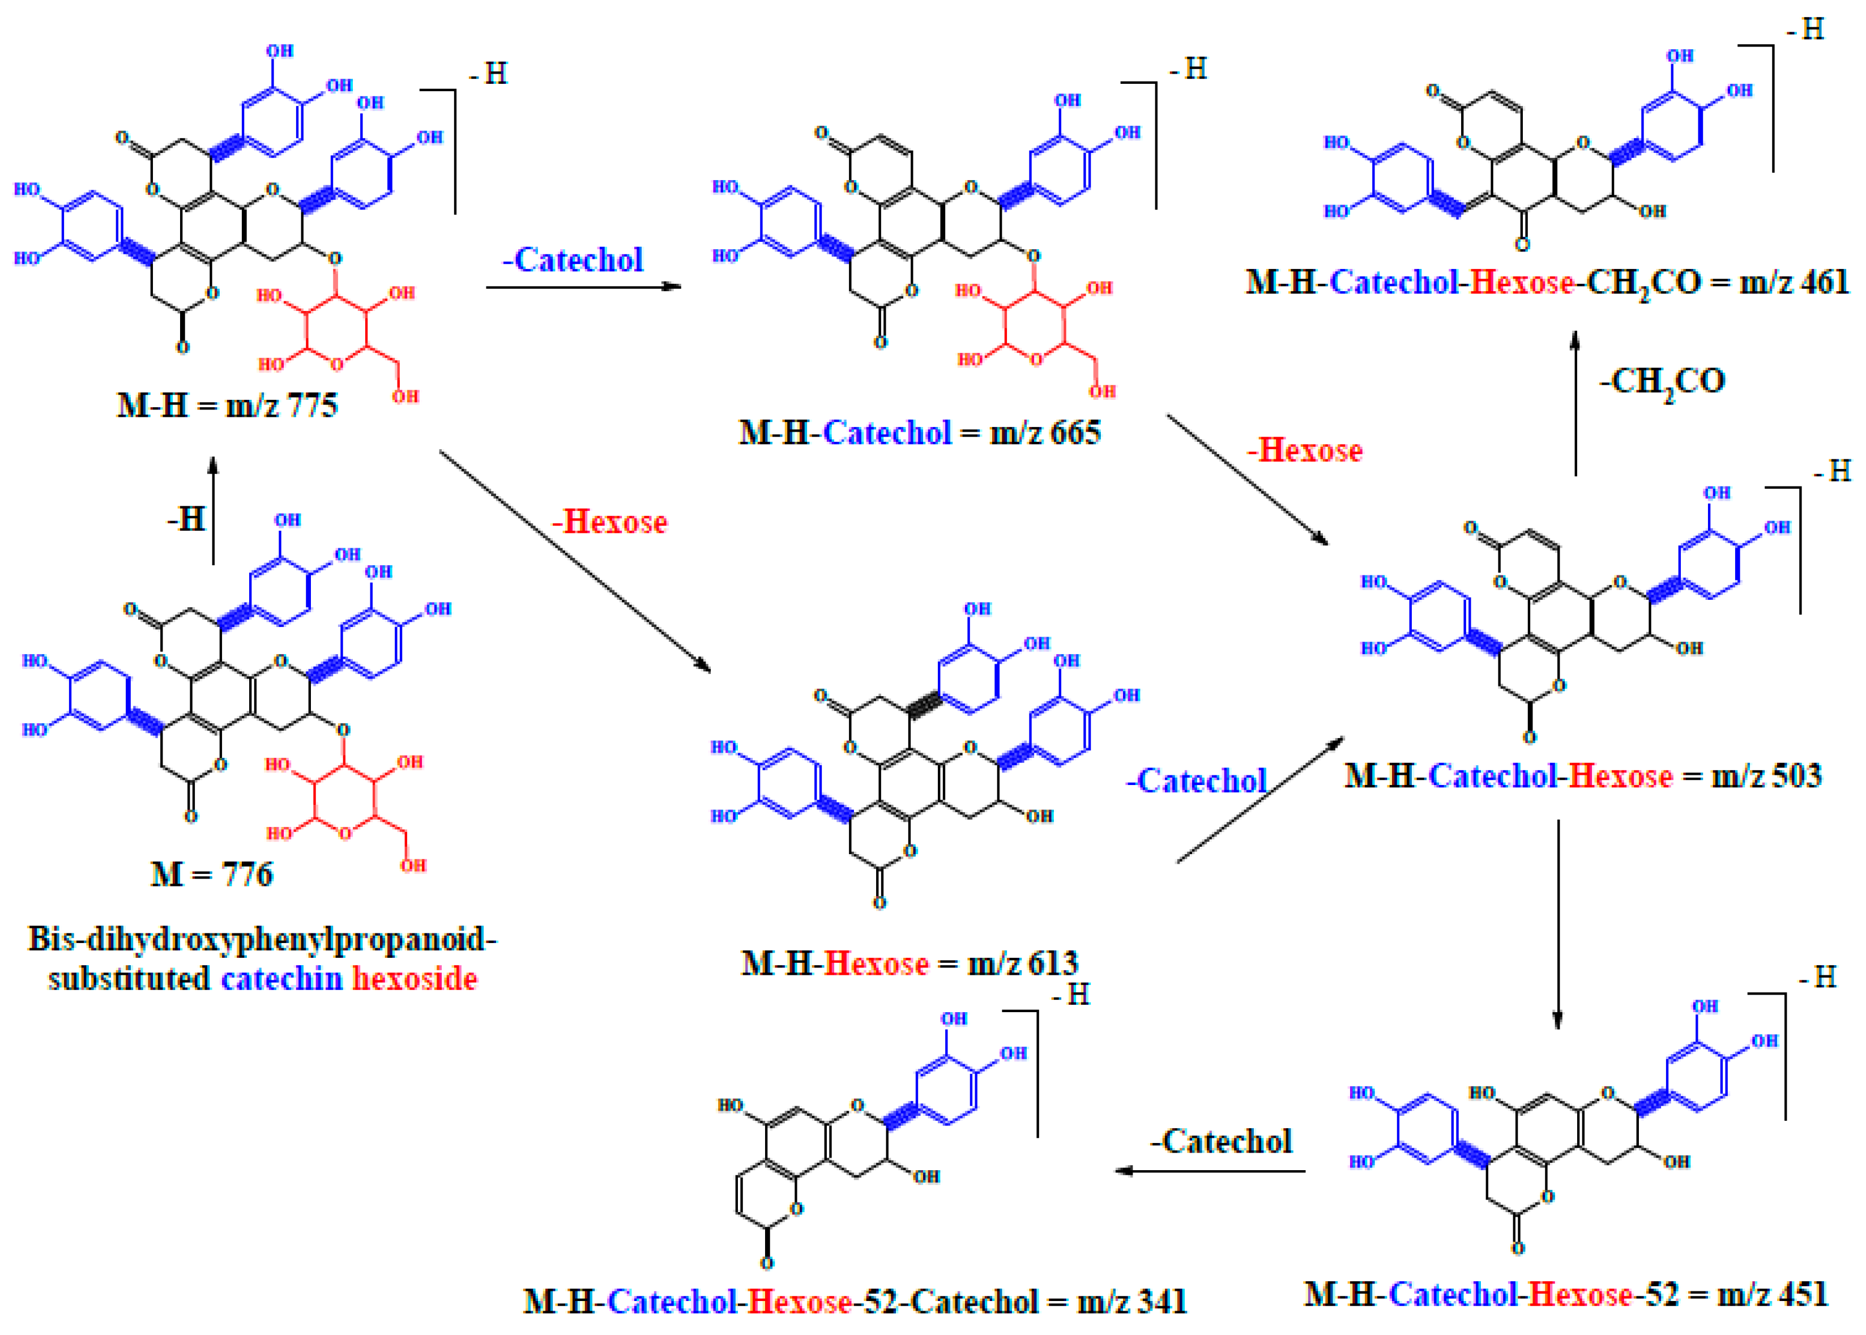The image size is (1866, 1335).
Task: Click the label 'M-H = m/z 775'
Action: (227, 406)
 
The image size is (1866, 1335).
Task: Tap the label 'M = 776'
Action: (211, 874)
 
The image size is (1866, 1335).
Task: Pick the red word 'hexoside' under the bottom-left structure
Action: (415, 979)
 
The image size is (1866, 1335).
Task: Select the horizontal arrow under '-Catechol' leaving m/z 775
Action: (584, 287)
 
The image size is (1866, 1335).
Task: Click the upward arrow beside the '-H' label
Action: (213, 510)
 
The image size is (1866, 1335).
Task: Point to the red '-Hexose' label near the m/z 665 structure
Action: (1305, 450)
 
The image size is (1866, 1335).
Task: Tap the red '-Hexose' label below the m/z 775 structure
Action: (609, 522)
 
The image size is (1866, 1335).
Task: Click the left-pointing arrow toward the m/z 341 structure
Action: (1209, 1171)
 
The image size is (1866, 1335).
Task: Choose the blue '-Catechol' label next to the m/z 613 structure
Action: (1196, 781)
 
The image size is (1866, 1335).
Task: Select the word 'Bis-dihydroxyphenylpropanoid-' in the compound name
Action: (262, 939)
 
